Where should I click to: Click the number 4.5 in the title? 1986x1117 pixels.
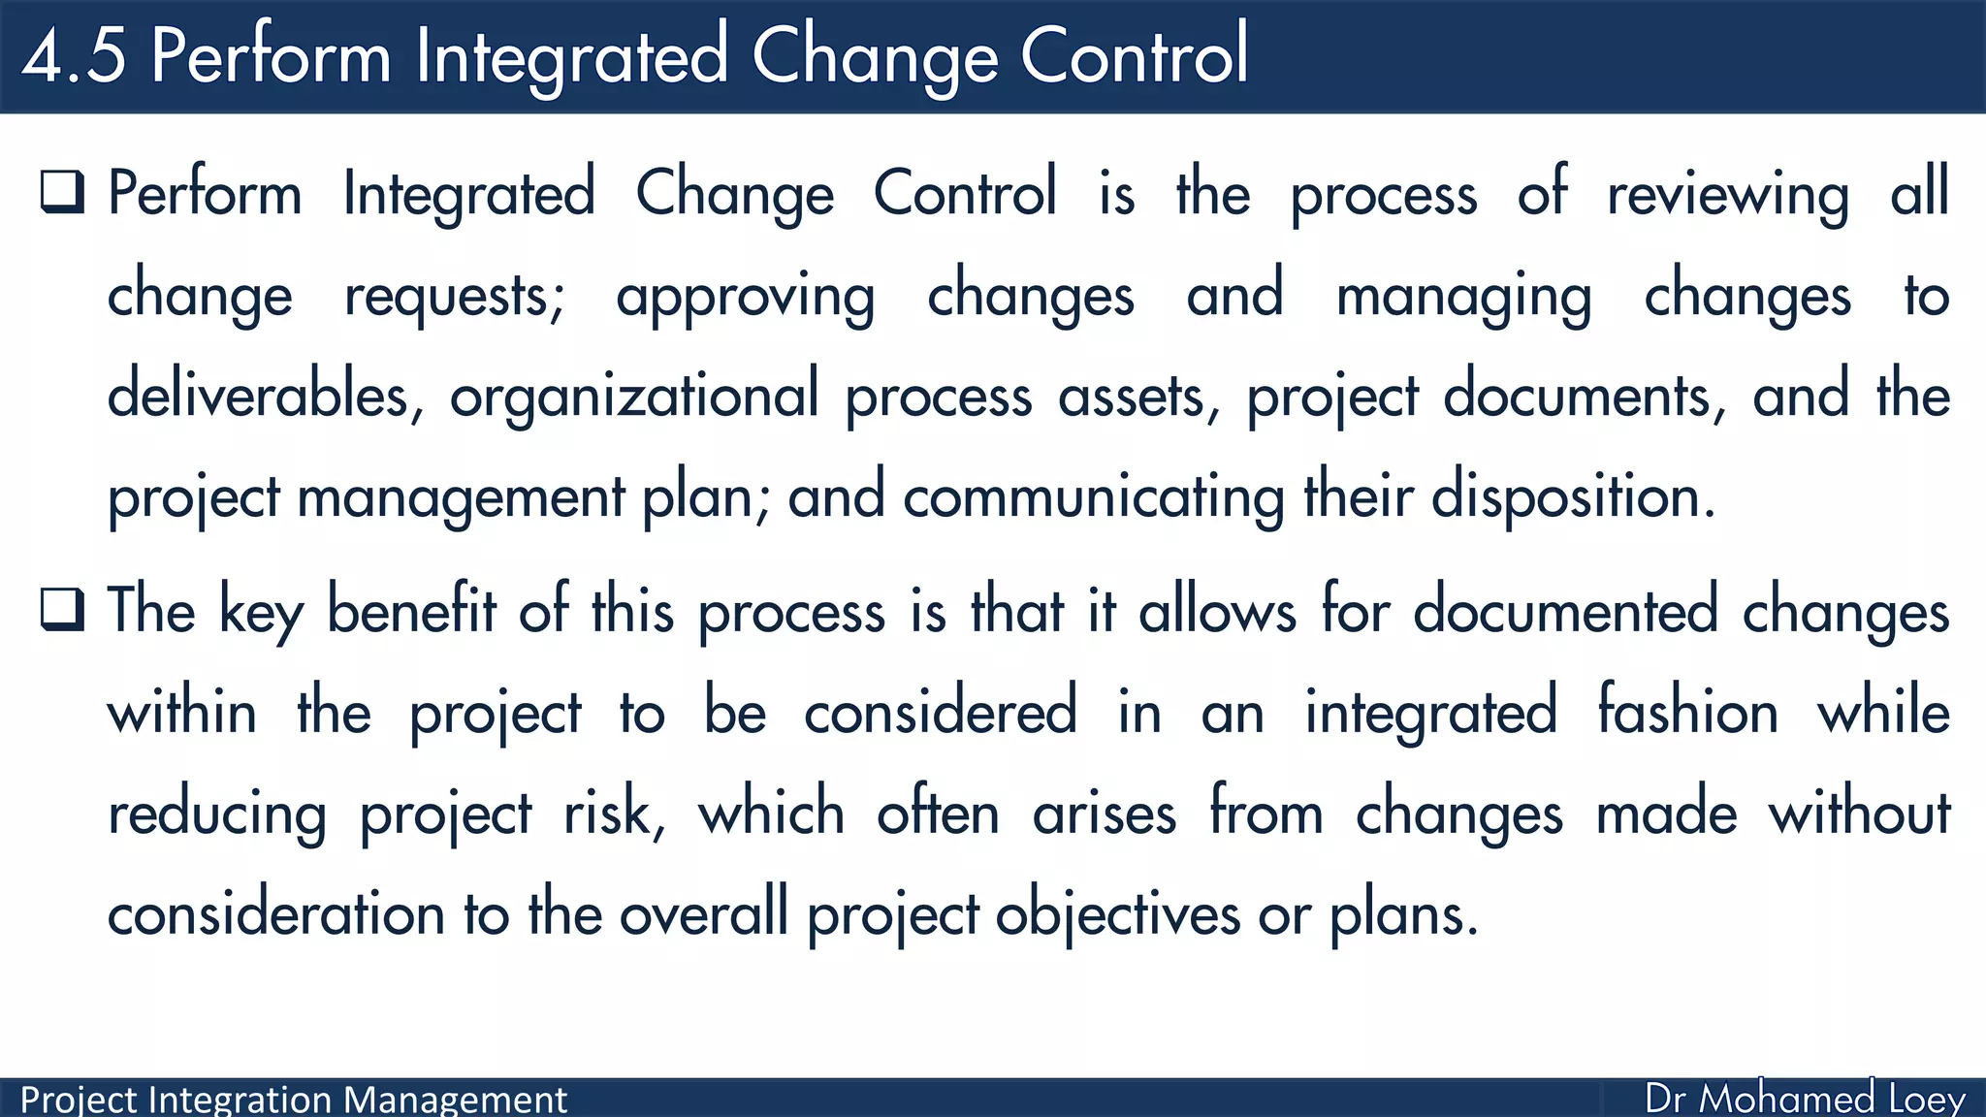(75, 56)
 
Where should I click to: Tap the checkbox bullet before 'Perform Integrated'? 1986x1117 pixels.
(63, 191)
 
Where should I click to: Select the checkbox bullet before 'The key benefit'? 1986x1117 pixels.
(63, 610)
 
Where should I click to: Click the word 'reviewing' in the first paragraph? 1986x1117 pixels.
(1728, 194)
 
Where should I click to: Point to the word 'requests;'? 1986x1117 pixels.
(454, 296)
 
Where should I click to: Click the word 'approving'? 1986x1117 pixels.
(745, 296)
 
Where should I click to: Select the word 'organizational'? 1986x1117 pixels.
(634, 396)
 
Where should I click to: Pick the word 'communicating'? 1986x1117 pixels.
(1093, 497)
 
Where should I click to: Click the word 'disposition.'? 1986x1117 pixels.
(1573, 497)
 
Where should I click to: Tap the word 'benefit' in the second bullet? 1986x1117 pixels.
(411, 611)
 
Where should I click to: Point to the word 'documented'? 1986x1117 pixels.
(1565, 611)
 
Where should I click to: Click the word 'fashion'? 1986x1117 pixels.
(1687, 712)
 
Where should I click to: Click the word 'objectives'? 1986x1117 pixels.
(1117, 914)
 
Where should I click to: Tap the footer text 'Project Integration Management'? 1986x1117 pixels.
(293, 1100)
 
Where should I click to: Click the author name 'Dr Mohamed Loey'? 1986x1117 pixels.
(1805, 1099)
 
